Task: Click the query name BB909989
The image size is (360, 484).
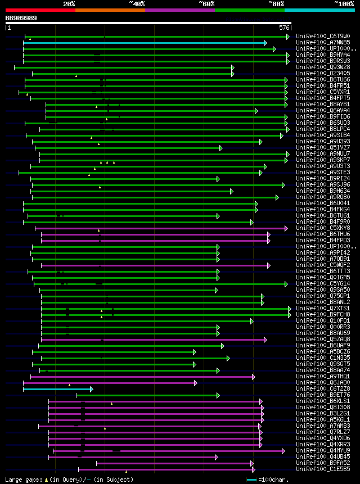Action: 21,18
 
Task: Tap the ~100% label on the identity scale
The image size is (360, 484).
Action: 344,4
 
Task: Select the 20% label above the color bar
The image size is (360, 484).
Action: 69,4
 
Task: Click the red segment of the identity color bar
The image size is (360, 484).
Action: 40,10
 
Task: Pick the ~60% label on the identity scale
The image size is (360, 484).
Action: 206,4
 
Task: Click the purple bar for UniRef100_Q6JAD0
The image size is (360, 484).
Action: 110,383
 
